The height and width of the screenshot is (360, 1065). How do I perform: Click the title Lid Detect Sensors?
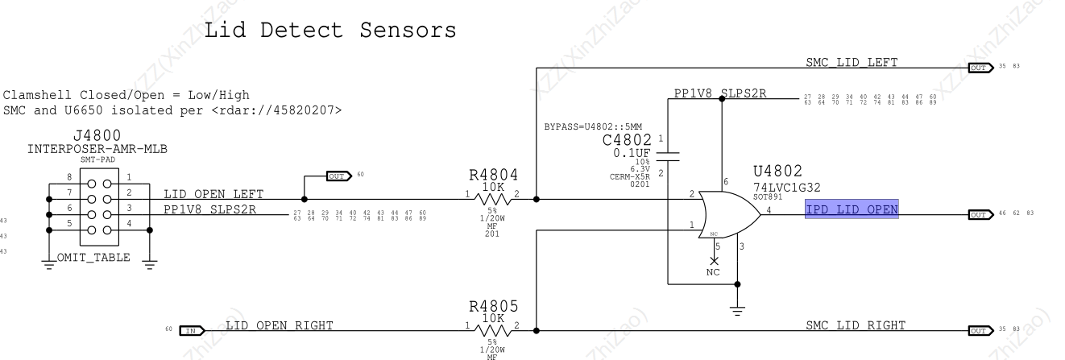(330, 31)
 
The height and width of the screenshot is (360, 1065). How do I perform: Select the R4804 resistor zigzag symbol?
(494, 197)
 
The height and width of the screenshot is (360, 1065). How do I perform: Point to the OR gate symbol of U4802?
(730, 214)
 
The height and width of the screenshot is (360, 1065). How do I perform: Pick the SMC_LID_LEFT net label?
(852, 63)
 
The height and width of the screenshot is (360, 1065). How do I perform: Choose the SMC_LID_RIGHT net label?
(856, 325)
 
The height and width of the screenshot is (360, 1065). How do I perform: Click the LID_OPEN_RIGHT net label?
(279, 325)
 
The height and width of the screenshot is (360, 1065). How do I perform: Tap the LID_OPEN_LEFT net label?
(213, 194)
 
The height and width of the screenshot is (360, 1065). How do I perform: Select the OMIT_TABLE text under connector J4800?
(98, 258)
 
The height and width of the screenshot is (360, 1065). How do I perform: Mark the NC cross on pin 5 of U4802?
(714, 261)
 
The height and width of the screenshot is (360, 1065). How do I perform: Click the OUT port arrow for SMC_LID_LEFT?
(980, 68)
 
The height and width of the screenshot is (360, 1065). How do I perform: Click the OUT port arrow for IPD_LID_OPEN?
(980, 215)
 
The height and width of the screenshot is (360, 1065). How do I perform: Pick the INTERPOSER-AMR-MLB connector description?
(97, 150)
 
